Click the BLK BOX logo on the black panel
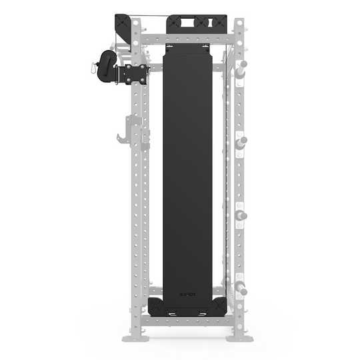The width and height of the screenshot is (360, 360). [190, 292]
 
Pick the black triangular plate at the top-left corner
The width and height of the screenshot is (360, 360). [125, 25]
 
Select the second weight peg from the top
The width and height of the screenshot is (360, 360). [242, 141]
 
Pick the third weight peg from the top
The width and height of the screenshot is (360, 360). [242, 215]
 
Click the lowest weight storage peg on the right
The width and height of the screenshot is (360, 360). [242, 289]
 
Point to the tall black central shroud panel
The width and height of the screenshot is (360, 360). [191, 173]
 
